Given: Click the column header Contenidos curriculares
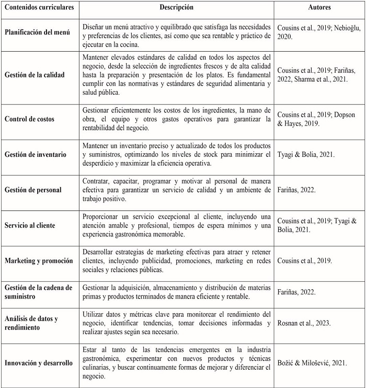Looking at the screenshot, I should pyautogui.click(x=39, y=8).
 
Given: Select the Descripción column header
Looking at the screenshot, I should pyautogui.click(x=177, y=8).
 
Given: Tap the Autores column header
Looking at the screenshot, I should pyautogui.click(x=319, y=8).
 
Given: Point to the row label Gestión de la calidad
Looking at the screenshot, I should pyautogui.click(x=35, y=75).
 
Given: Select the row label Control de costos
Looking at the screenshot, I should pyautogui.click(x=29, y=119).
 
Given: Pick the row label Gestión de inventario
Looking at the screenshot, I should pyautogui.click(x=36, y=155).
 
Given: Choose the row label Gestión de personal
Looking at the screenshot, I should pyautogui.click(x=33, y=190).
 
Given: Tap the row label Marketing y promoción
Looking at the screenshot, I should pyautogui.click(x=39, y=260).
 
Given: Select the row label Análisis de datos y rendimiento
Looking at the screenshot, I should pyautogui.click(x=31, y=323).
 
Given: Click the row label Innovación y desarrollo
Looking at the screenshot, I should pyautogui.click(x=39, y=363).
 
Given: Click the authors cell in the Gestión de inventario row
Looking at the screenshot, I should pyautogui.click(x=305, y=155).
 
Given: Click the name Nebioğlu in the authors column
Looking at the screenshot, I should pyautogui.click(x=344, y=27).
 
